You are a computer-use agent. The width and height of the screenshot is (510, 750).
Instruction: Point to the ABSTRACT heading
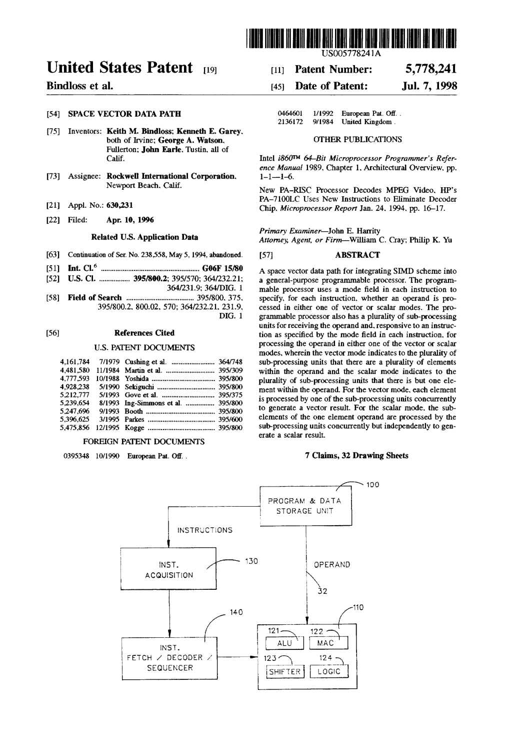click(357, 255)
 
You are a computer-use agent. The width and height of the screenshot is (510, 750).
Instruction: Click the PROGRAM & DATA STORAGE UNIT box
click(304, 506)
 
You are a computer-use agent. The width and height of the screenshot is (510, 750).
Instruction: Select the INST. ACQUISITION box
click(168, 570)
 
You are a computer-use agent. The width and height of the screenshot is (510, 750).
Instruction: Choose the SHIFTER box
click(284, 672)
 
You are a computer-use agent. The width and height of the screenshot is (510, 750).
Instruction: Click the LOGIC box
click(328, 672)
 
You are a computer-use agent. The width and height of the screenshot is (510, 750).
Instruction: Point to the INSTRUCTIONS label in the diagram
click(205, 530)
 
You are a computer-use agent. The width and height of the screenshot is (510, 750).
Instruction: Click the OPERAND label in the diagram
click(331, 564)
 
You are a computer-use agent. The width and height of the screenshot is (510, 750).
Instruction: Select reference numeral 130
click(251, 561)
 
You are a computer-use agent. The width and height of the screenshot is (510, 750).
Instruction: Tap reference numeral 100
click(373, 484)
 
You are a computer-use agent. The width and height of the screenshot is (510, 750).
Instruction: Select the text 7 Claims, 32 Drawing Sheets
click(356, 456)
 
